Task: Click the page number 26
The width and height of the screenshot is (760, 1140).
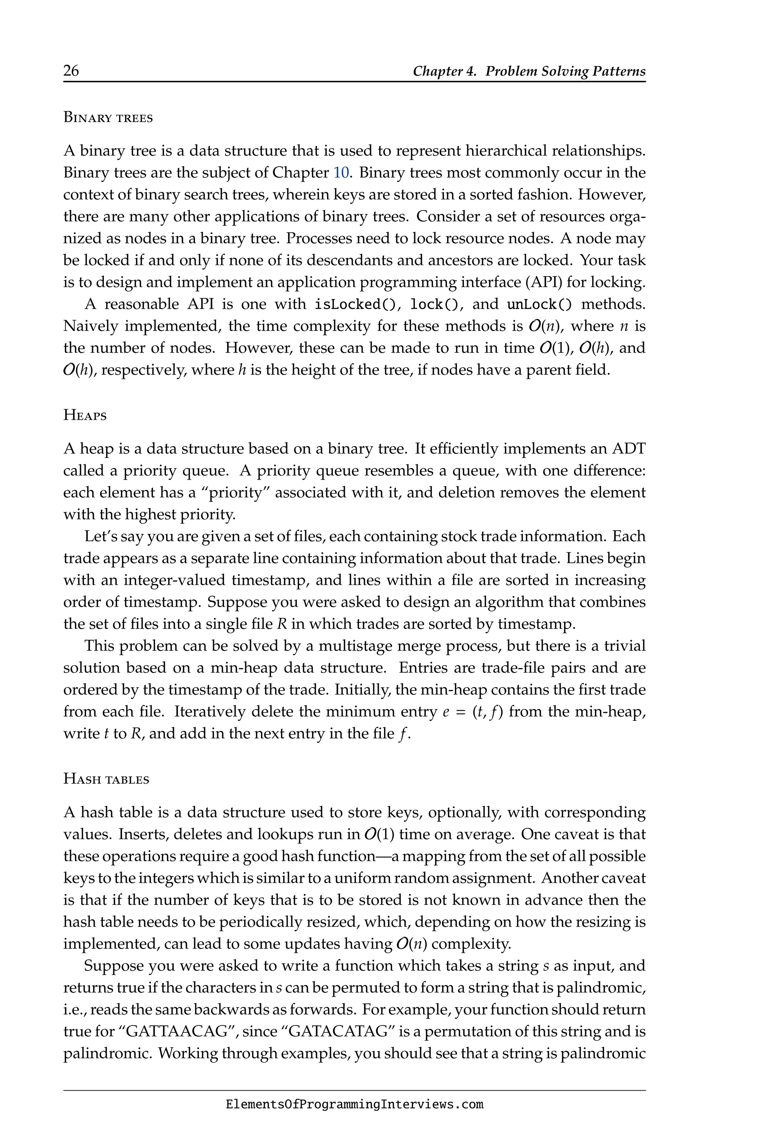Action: (x=71, y=71)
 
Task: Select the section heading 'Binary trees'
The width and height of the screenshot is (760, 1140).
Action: (x=108, y=118)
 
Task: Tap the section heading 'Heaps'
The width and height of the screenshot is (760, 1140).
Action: (x=85, y=415)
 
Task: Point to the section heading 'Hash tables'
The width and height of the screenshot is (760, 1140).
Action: (x=106, y=779)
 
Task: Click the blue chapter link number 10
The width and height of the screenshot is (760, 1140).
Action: (x=341, y=173)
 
